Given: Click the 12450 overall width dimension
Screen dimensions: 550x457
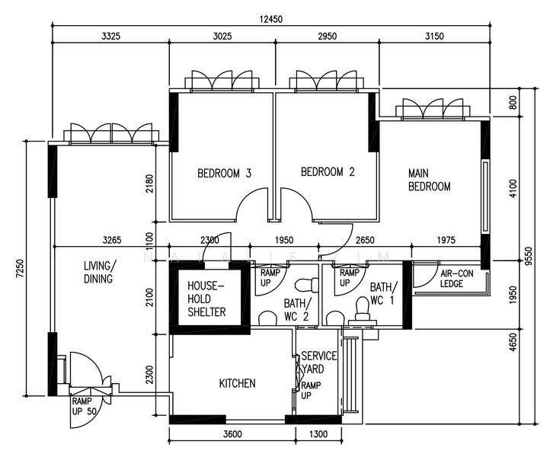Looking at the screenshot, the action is [x=270, y=19].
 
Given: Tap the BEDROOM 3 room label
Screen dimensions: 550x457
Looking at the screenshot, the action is [x=225, y=173].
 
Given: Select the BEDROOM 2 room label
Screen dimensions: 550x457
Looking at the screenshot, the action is [x=328, y=172].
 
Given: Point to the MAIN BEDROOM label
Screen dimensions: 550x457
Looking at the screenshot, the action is [x=430, y=180].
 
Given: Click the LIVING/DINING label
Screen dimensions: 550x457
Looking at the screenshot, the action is [x=99, y=272].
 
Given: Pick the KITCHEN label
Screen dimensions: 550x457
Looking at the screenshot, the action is [x=238, y=383].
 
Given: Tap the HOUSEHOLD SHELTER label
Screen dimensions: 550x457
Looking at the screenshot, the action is [x=206, y=299].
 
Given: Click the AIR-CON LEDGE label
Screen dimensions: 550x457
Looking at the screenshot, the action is [x=457, y=279].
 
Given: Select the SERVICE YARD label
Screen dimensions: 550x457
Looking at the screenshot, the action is [x=319, y=363].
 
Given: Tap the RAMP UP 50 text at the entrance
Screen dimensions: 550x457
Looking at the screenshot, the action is [x=85, y=406].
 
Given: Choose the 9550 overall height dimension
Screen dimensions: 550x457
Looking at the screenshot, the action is [x=529, y=257].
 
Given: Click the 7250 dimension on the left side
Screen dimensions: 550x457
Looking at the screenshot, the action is [x=20, y=269].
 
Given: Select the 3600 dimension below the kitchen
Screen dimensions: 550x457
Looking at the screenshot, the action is [x=232, y=434].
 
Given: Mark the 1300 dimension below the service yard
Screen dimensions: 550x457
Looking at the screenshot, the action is [x=318, y=434].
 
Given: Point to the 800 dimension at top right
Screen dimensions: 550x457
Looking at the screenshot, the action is [x=513, y=102].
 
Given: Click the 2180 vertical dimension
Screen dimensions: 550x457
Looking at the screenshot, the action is [x=149, y=184].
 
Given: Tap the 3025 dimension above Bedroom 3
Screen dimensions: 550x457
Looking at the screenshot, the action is [x=222, y=36].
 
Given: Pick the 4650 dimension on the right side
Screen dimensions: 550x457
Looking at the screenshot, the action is [x=513, y=342].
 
